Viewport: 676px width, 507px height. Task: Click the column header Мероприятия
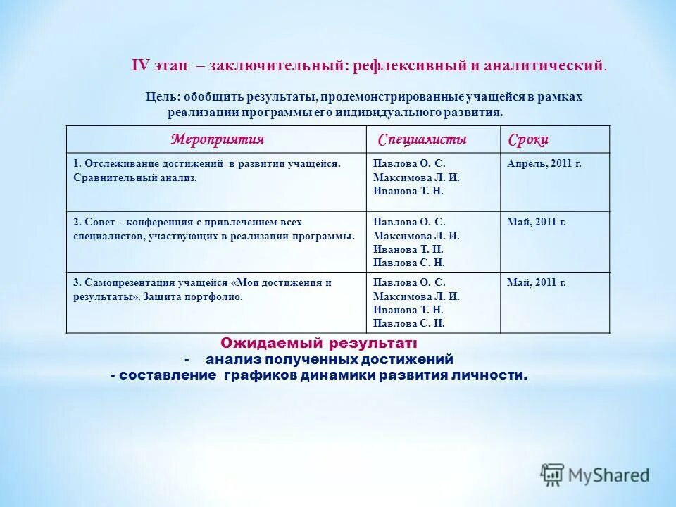pyautogui.click(x=218, y=139)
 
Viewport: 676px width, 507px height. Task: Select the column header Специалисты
pyautogui.click(x=422, y=139)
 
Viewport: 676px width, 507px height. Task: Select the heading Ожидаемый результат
pyautogui.click(x=318, y=344)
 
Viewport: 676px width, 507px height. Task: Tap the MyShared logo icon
pyautogui.click(x=553, y=475)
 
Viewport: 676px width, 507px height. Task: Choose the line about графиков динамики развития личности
pyautogui.click(x=319, y=375)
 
